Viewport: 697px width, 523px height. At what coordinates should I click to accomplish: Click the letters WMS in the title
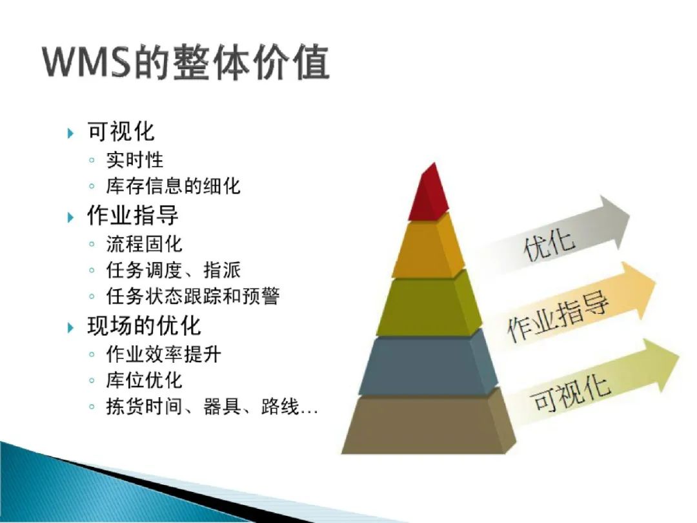coord(86,63)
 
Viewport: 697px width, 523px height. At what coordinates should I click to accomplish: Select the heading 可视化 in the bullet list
coord(121,132)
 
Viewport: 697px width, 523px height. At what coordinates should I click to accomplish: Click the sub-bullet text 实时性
coord(135,159)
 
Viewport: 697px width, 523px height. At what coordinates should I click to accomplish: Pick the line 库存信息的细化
coord(173,187)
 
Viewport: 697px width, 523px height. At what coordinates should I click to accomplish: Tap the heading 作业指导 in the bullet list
coord(132,215)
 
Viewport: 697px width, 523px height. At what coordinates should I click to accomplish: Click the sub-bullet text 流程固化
coord(145,243)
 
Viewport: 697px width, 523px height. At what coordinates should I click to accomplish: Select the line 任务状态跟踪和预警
coord(193,296)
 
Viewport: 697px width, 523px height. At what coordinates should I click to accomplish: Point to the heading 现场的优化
coord(144,325)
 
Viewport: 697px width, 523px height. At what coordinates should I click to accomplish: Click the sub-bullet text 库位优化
coord(145,380)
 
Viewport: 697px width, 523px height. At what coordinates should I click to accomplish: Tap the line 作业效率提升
coord(164,353)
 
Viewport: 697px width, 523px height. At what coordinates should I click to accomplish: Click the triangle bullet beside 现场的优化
coord(71,327)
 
